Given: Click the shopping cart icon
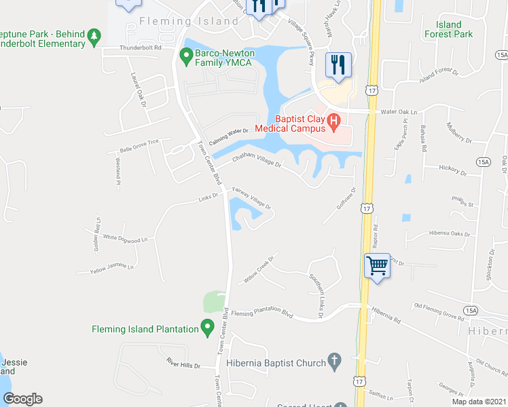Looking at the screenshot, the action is tap(378, 265).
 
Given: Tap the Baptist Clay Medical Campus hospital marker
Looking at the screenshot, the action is tap(333, 122).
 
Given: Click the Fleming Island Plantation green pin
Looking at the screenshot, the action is tap(208, 330).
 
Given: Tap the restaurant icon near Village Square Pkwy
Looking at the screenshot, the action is tap(338, 65).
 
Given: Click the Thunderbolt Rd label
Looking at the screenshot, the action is tap(140, 48).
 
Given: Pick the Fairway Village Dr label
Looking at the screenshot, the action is tap(252, 197).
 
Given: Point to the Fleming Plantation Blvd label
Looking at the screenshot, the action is tap(261, 314).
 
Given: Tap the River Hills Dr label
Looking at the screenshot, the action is tap(183, 366).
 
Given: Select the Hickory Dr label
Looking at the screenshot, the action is tap(454, 170).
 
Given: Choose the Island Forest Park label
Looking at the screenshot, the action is tap(448, 29).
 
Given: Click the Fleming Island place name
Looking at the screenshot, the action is tap(189, 21).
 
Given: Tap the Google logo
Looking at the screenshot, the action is tap(22, 398).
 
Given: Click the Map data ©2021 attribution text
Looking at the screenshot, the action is tap(479, 402).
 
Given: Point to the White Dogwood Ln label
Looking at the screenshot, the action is tap(125, 238).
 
